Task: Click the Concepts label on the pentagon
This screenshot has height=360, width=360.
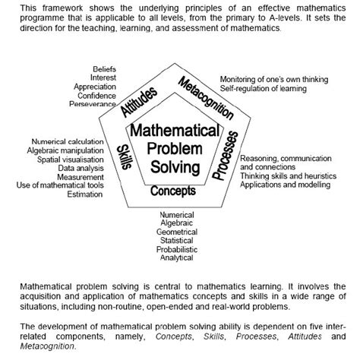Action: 172,191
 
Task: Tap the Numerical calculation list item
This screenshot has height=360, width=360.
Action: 70,141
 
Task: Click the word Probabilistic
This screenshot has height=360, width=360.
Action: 176,248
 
